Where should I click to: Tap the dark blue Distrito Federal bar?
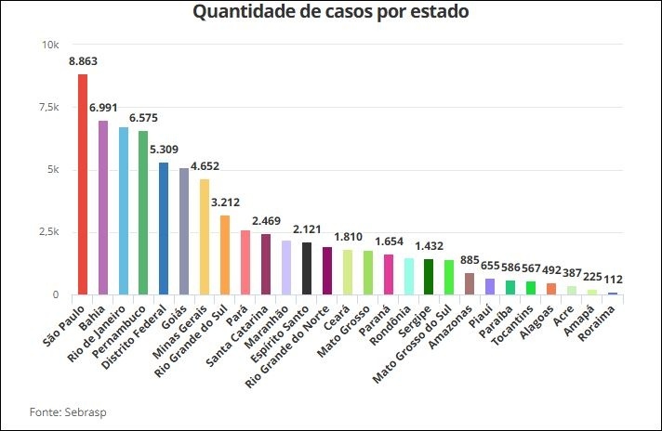[164, 229]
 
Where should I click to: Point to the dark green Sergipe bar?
[429, 277]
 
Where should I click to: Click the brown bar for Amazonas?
[470, 283]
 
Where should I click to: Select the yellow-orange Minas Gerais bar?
[205, 236]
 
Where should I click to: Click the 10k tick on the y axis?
[49, 45]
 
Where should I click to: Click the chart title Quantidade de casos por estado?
[330, 13]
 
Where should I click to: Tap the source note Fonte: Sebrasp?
[62, 410]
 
